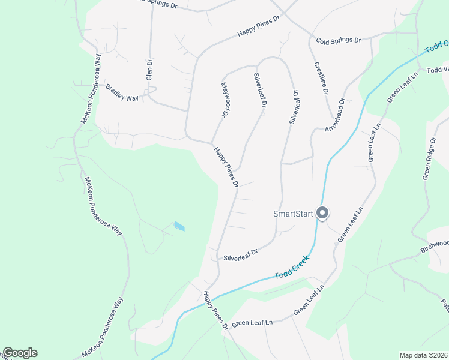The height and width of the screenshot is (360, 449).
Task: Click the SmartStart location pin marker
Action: click(x=322, y=213)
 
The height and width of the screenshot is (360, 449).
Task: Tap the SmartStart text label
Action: click(x=294, y=214)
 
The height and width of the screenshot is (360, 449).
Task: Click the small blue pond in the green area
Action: click(x=179, y=226)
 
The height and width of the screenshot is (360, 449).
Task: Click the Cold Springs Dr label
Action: click(x=338, y=40)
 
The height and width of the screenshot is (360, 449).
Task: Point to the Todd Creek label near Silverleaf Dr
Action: click(x=292, y=267)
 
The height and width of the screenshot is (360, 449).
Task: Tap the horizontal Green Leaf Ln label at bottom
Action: click(x=253, y=323)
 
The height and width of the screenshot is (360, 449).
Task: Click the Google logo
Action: click(x=20, y=353)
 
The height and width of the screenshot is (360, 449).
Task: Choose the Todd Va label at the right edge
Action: click(x=437, y=70)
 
